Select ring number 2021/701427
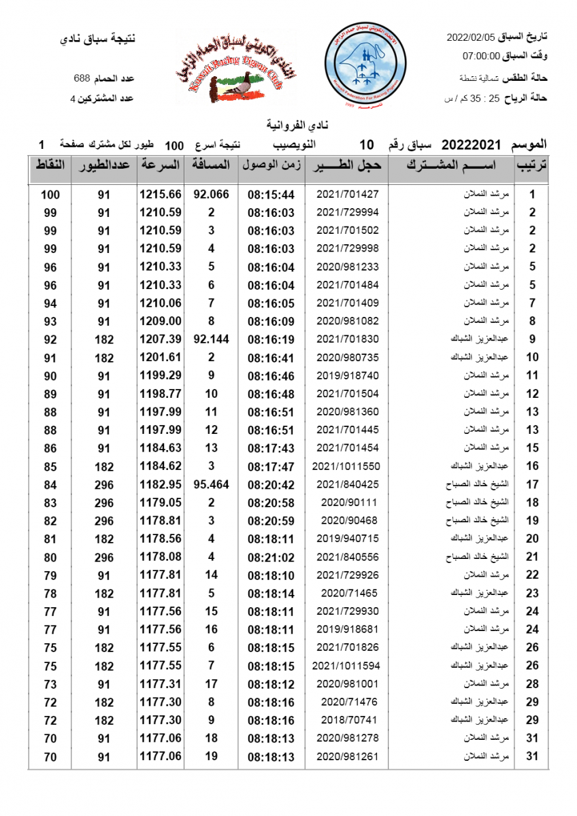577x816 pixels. click(x=347, y=194)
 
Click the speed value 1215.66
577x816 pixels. click(x=161, y=194)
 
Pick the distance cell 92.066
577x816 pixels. click(x=211, y=194)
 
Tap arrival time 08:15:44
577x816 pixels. click(x=271, y=194)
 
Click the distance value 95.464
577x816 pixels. click(x=211, y=485)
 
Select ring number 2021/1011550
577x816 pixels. click(x=347, y=466)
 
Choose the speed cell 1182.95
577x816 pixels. click(x=161, y=485)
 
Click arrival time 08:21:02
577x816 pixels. click(x=271, y=557)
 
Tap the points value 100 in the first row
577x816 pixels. click(x=50, y=194)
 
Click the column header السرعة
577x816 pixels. click(x=161, y=165)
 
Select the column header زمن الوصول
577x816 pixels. click(x=271, y=165)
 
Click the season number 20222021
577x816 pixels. click(x=471, y=145)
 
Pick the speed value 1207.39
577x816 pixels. click(x=161, y=339)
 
